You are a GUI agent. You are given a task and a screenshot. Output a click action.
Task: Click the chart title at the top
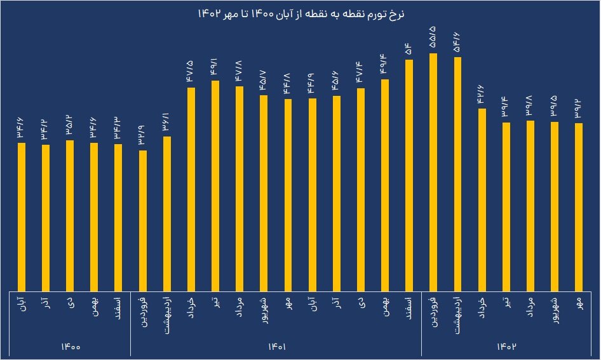(x=300, y=13)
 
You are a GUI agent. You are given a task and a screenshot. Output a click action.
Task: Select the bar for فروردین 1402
(x=433, y=171)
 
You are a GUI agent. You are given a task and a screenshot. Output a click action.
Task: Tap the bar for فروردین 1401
(x=143, y=219)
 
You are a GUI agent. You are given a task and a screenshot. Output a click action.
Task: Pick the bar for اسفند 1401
(x=409, y=175)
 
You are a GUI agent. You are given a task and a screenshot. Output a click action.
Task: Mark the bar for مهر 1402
(x=578, y=206)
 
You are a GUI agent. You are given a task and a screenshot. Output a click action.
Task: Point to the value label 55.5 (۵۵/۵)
(x=433, y=39)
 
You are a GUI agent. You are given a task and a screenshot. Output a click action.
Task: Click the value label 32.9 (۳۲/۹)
(x=143, y=135)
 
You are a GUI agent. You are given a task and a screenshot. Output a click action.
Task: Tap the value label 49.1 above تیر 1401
(x=215, y=67)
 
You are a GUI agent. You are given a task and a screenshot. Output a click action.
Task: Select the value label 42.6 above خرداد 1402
(x=482, y=94)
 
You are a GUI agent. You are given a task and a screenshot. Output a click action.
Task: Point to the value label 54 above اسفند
(x=409, y=48)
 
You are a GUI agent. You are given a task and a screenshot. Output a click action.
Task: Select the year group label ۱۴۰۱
(x=276, y=347)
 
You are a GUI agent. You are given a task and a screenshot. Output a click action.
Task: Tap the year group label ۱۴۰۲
(x=506, y=347)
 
